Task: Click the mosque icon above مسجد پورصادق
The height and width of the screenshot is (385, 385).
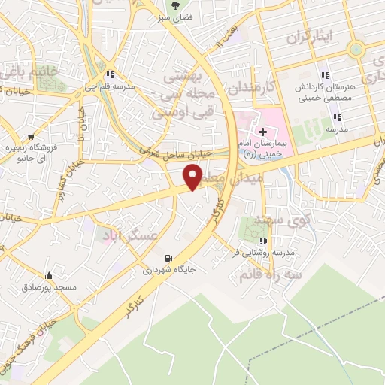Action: pyautogui.click(x=49, y=275)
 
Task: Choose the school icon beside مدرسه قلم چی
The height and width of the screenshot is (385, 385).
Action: pyautogui.click(x=111, y=74)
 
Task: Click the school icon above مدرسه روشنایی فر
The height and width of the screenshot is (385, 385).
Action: pyautogui.click(x=262, y=241)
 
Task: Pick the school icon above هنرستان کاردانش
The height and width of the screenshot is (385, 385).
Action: pyautogui.click(x=325, y=75)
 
